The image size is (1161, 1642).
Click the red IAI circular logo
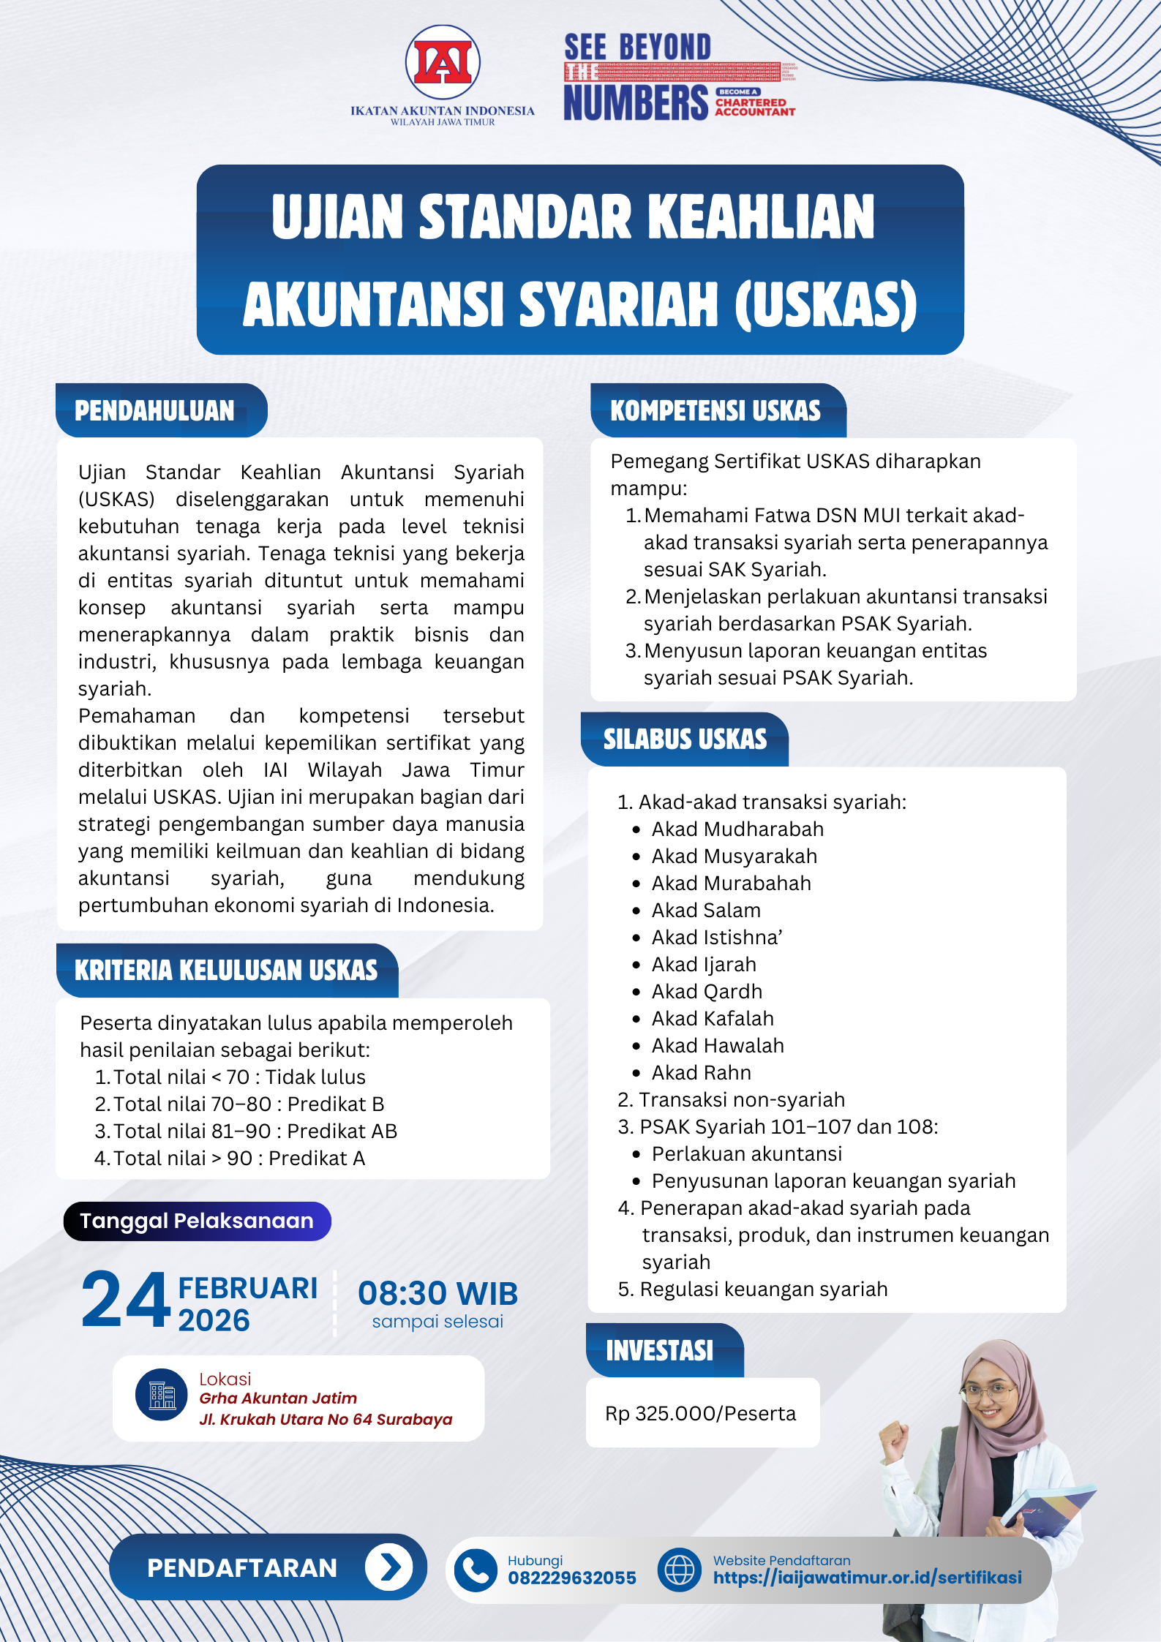pyautogui.click(x=443, y=63)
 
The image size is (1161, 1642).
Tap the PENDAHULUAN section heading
pyautogui.click(x=154, y=410)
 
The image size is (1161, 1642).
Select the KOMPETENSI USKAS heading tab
pyautogui.click(x=715, y=410)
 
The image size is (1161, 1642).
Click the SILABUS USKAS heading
pyautogui.click(x=685, y=739)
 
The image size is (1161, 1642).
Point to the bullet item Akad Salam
pyautogui.click(x=706, y=910)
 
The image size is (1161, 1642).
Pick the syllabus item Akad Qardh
pyautogui.click(x=707, y=991)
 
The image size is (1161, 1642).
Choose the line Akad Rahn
pyautogui.click(x=701, y=1072)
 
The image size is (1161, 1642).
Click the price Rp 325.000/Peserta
pyautogui.click(x=700, y=1413)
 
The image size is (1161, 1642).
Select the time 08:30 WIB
pyautogui.click(x=437, y=1293)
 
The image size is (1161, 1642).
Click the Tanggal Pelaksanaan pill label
pyautogui.click(x=197, y=1221)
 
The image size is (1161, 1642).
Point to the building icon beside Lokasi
pyautogui.click(x=162, y=1395)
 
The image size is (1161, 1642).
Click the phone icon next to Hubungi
pyautogui.click(x=476, y=1570)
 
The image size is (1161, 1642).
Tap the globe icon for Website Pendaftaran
pyautogui.click(x=679, y=1570)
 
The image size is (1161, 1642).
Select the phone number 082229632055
pyautogui.click(x=572, y=1578)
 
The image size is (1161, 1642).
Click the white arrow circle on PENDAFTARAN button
pyautogui.click(x=389, y=1567)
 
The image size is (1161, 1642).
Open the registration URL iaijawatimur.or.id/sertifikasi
pyautogui.click(x=867, y=1578)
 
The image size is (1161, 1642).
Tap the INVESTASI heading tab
pyautogui.click(x=659, y=1350)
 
